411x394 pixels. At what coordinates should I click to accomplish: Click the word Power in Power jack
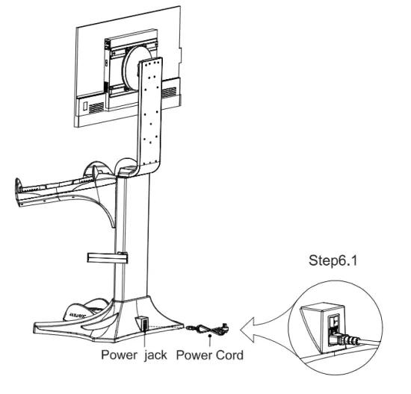click(120, 354)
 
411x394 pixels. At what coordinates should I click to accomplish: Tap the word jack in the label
click(155, 354)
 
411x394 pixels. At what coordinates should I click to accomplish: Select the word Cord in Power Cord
click(227, 354)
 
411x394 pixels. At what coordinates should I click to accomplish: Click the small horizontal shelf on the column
click(104, 258)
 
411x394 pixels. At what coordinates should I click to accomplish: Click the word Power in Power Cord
click(192, 354)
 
